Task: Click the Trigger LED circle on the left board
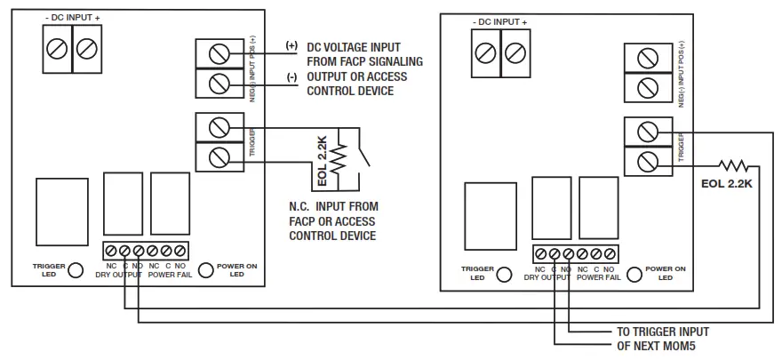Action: click(76, 270)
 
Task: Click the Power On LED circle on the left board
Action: click(205, 270)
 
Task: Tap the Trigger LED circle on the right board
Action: click(505, 274)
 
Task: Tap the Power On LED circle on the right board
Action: click(634, 274)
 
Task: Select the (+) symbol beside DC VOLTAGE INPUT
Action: click(291, 45)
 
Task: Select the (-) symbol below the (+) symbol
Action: click(291, 76)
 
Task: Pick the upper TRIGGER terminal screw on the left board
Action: click(219, 128)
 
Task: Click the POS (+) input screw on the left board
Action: click(219, 54)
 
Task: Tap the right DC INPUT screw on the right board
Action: click(515, 52)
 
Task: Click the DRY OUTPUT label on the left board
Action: click(120, 276)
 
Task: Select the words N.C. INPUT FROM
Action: click(327, 206)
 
